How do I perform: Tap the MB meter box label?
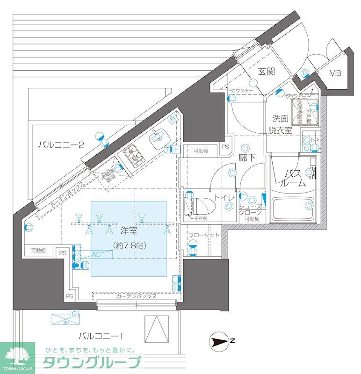coord(335,73)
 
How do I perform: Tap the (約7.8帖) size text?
coord(129,245)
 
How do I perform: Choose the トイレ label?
coord(224,198)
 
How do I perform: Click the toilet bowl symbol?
coord(202,204)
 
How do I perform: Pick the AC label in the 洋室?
coord(96,254)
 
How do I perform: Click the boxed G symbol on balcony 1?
coord(73,313)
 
